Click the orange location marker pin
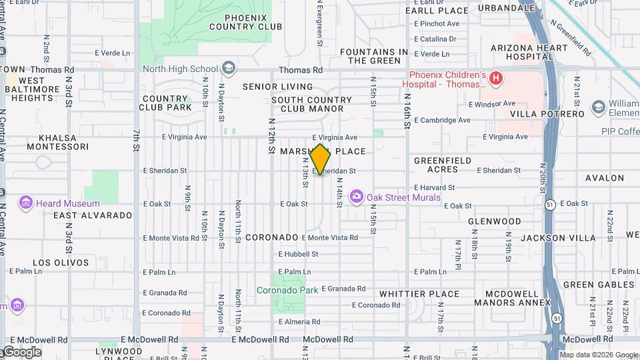coord(321,159)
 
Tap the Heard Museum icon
coord(27,203)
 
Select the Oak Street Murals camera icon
coord(357,197)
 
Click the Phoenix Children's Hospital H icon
coord(495,79)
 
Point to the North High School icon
coord(229,69)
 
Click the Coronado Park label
coord(287,290)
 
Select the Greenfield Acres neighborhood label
coord(443,165)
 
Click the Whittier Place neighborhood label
coord(419,294)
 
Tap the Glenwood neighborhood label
coord(494,221)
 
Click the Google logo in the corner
coord(21,352)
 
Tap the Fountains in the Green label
coord(373,56)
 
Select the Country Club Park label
coord(166,103)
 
